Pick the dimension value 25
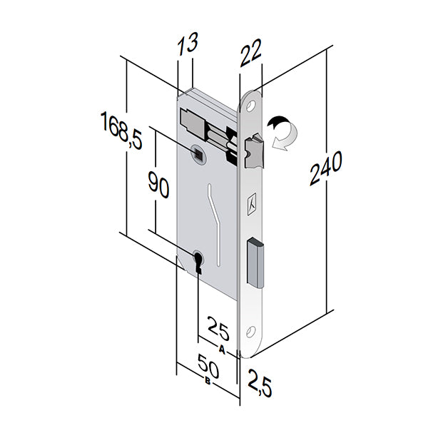pyautogui.click(x=218, y=330)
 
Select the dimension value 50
pyautogui.click(x=207, y=369)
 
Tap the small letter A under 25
pyautogui.click(x=223, y=350)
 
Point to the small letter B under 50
pyautogui.click(x=207, y=384)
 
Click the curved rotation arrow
pyautogui.click(x=283, y=133)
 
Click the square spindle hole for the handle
pyautogui.click(x=198, y=151)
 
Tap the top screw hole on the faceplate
pyautogui.click(x=251, y=106)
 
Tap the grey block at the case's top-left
pyautogui.click(x=192, y=119)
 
